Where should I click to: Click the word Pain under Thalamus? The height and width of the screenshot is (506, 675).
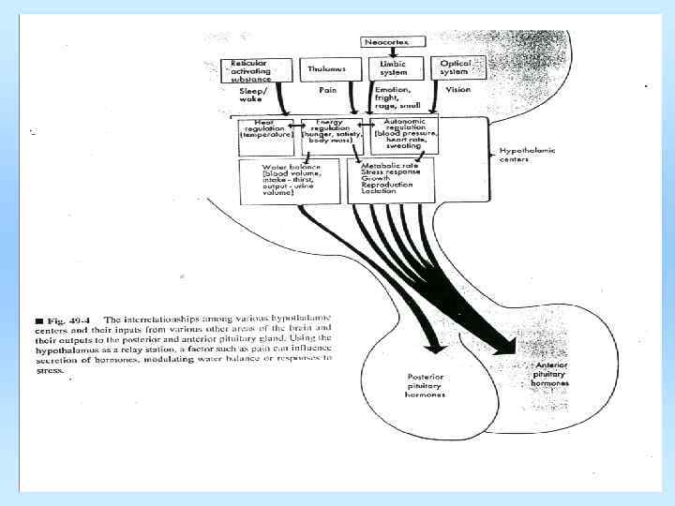(x=327, y=92)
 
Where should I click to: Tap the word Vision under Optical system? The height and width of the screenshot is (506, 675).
(x=457, y=92)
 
